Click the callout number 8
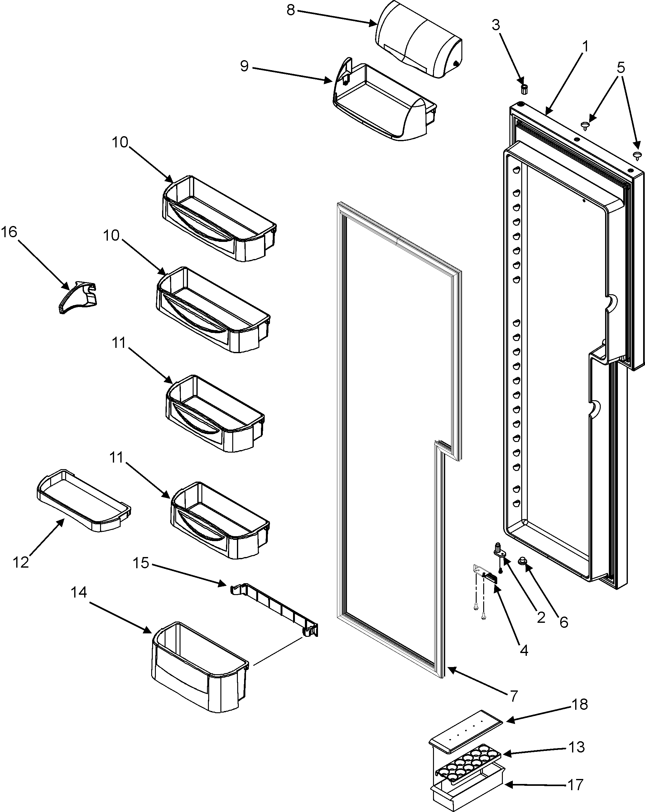(291, 10)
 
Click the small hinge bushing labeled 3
(524, 89)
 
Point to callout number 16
(9, 232)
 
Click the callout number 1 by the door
(585, 47)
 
